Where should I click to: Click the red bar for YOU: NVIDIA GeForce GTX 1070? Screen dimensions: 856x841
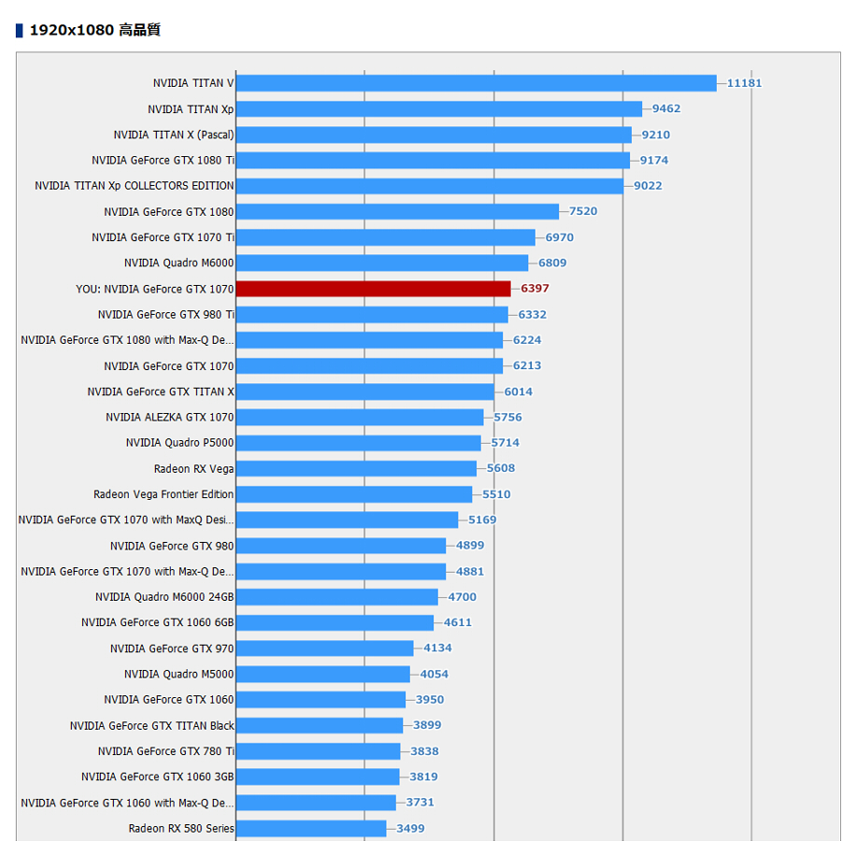tap(374, 289)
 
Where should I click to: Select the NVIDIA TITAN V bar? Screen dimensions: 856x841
tap(476, 83)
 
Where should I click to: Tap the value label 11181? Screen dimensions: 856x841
tap(744, 83)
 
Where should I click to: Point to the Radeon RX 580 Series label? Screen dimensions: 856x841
tap(181, 829)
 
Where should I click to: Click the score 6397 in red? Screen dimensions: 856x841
tap(535, 288)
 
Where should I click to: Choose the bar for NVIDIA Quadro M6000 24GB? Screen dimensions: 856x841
tap(336, 597)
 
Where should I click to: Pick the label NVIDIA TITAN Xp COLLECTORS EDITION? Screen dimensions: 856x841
tap(135, 186)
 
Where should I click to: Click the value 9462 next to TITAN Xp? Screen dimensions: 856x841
tap(666, 108)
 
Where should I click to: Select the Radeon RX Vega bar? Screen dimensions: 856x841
tap(356, 468)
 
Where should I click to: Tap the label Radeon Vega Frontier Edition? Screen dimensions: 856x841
tap(164, 494)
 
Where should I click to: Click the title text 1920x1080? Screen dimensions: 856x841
tap(72, 30)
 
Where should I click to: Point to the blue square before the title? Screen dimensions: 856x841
tap(20, 31)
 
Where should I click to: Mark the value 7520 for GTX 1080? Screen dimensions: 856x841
tap(583, 211)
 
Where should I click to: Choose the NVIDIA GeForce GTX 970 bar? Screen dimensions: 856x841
tap(325, 649)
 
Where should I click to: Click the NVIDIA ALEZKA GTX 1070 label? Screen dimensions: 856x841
tap(170, 417)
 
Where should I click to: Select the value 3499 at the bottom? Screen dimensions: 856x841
tap(410, 829)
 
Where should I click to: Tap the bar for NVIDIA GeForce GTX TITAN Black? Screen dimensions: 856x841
tap(320, 725)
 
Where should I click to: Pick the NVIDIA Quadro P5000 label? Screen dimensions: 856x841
tap(179, 443)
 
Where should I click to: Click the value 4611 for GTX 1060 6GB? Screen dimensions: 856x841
tap(458, 622)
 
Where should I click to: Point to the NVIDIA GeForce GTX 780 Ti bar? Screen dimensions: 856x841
tap(319, 751)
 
